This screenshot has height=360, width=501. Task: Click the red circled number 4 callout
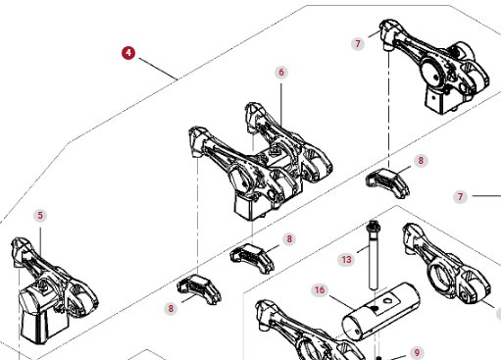[128, 53]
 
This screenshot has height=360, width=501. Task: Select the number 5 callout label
[40, 216]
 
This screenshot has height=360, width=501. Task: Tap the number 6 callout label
[281, 72]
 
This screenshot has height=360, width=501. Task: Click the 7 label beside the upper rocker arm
[358, 43]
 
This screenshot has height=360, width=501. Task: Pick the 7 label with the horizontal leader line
[461, 197]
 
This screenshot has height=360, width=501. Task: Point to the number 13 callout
[346, 260]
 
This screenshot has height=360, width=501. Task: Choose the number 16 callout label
[320, 290]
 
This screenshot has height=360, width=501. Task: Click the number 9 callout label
[417, 353]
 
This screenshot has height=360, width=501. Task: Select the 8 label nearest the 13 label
[289, 239]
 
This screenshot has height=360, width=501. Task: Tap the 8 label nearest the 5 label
[171, 308]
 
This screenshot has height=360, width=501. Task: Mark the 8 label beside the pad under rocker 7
[421, 161]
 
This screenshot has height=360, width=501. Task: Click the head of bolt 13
[373, 225]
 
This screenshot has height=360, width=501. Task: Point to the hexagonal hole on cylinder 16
[387, 300]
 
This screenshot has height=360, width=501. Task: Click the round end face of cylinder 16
[353, 328]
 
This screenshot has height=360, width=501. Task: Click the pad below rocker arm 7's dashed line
[388, 181]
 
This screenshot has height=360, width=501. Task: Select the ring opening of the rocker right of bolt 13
[440, 276]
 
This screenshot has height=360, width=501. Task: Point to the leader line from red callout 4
[158, 69]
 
